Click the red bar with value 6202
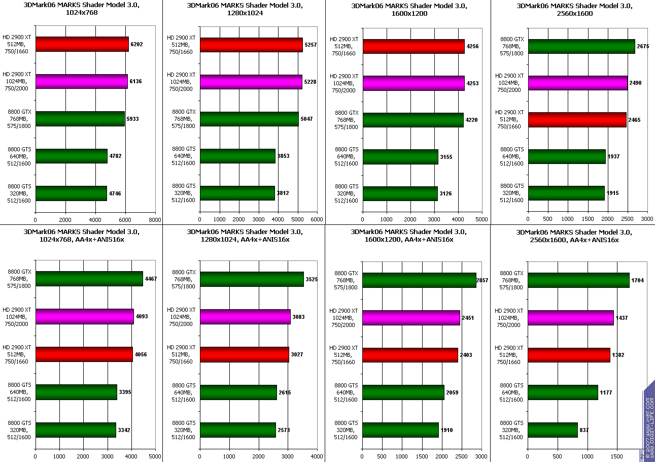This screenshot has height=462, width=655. (x=82, y=45)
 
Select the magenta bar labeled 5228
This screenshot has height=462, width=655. (x=251, y=82)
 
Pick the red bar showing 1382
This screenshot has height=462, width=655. (x=569, y=355)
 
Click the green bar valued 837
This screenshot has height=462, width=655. (x=553, y=430)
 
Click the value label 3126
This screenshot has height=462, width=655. (x=446, y=194)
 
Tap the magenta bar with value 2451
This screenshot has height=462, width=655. (x=411, y=318)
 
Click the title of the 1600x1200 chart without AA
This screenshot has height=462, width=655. (x=408, y=10)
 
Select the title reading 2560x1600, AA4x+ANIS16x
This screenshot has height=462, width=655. (x=567, y=236)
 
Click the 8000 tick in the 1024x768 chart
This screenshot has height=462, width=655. (x=155, y=220)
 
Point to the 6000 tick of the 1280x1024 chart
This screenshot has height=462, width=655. (x=317, y=220)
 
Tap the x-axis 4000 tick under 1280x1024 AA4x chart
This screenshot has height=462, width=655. (x=317, y=456)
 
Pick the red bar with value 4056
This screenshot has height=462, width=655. (x=84, y=354)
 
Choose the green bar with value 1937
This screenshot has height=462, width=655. (x=567, y=156)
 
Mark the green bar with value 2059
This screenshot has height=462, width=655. (x=403, y=392)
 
